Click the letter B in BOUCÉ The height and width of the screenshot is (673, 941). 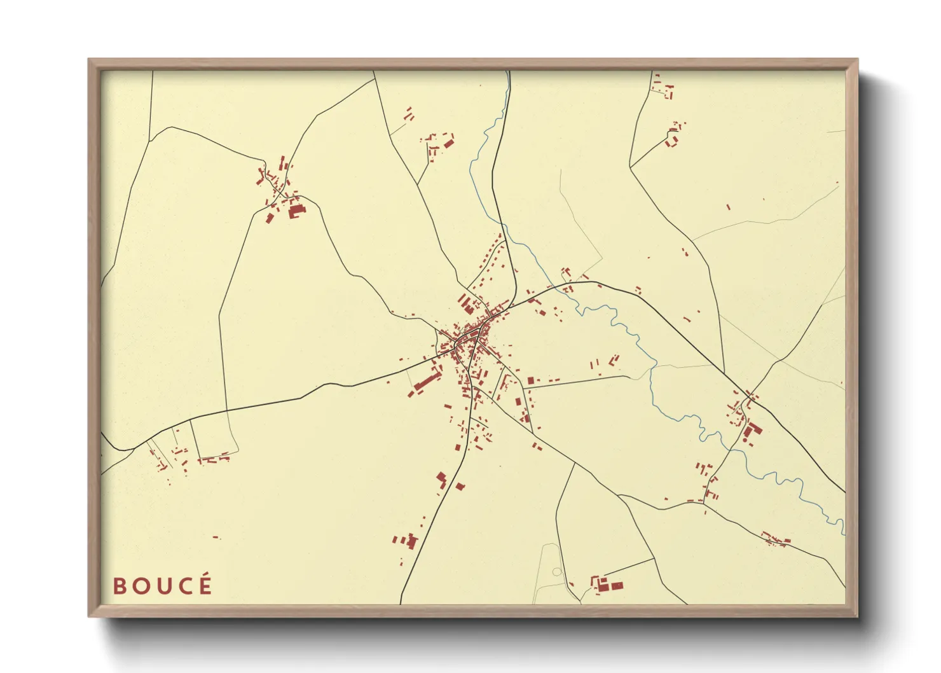pos(120,586)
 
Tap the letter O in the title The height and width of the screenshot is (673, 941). pos(141,586)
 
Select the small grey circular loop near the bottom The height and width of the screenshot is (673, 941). pos(557,572)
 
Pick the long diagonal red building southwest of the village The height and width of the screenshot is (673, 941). pos(427,381)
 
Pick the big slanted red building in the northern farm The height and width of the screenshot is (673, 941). pos(448,142)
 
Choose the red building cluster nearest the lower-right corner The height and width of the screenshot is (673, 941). pos(776,539)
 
